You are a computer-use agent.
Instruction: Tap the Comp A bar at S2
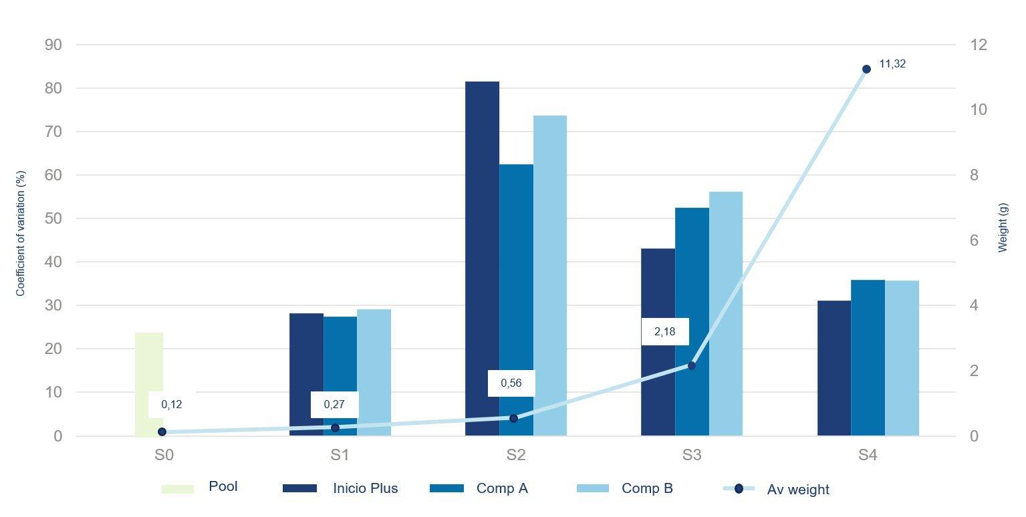pos(516,300)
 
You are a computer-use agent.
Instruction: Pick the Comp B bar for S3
pos(725,314)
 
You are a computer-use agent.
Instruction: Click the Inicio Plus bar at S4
pos(833,368)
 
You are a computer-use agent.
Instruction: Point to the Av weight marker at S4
pos(866,69)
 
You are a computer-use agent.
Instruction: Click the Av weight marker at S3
pos(692,365)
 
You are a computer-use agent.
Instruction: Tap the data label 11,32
pos(892,64)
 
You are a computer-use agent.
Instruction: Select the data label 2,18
pos(664,331)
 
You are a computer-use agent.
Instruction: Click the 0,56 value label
pos(511,383)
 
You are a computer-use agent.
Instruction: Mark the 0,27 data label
pos(334,404)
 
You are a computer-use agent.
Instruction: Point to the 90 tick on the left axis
pos(53,45)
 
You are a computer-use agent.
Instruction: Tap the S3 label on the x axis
pos(692,456)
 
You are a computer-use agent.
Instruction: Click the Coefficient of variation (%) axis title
pos(21,234)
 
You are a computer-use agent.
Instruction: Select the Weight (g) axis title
pos(1002,228)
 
